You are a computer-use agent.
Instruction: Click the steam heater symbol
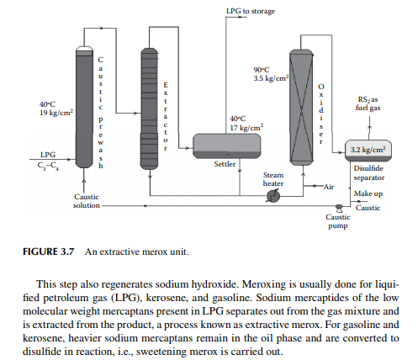(273, 196)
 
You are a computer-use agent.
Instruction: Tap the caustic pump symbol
(339, 208)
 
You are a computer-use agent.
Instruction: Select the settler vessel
(227, 146)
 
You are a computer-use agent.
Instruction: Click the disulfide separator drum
(368, 151)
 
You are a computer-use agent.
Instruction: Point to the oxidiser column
(301, 107)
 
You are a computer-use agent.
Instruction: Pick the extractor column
(149, 109)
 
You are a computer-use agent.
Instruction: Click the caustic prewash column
(84, 107)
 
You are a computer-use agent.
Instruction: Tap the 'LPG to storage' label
(251, 11)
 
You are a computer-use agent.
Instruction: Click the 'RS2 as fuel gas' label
(368, 103)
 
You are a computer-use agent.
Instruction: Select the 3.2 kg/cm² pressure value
(368, 149)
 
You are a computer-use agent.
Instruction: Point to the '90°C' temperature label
(262, 70)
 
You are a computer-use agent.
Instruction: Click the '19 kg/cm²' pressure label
(56, 113)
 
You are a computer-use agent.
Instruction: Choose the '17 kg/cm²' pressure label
(246, 127)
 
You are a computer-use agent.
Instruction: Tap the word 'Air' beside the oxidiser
(329, 187)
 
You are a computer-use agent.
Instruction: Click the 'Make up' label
(368, 193)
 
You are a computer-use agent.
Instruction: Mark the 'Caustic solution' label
(87, 201)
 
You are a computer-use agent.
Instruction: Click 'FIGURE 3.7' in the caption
(49, 251)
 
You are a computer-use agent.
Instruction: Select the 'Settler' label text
(225, 164)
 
